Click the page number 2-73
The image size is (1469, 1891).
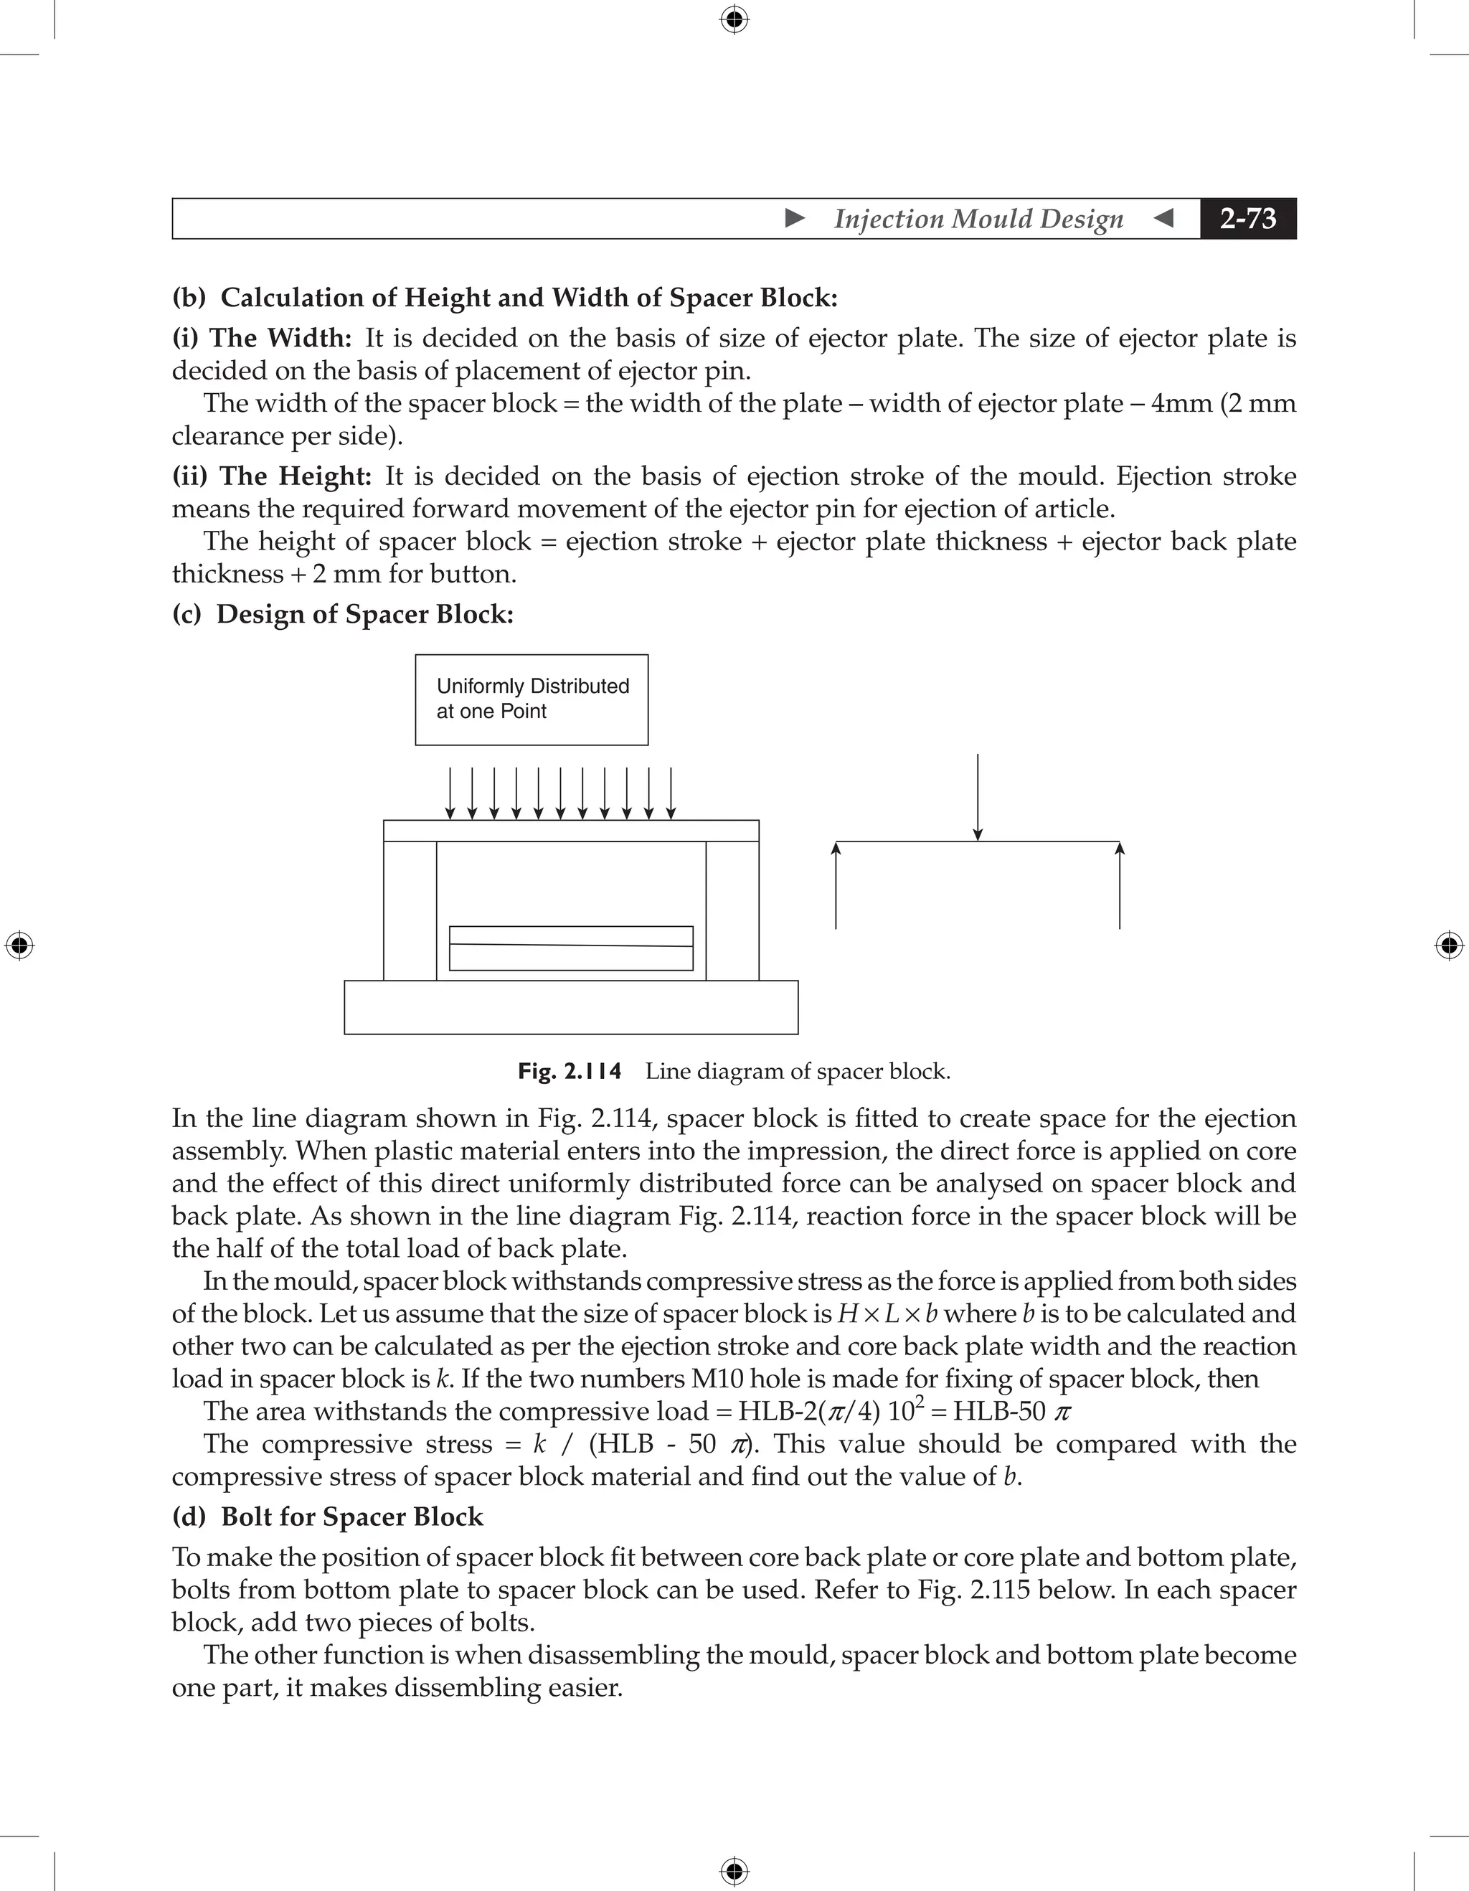pos(1247,219)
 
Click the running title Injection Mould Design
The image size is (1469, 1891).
pos(978,219)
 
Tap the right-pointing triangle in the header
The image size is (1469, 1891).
pos(795,218)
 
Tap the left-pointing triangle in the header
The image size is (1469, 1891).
pos(1164,218)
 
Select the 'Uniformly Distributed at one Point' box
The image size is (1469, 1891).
pos(532,699)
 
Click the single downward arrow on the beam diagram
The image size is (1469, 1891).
pos(978,796)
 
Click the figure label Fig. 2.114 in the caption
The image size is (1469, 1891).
pos(570,1072)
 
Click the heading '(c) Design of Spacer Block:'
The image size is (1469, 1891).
pos(343,614)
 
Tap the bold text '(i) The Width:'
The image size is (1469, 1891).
pos(261,338)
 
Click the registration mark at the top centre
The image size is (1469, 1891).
pos(734,19)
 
